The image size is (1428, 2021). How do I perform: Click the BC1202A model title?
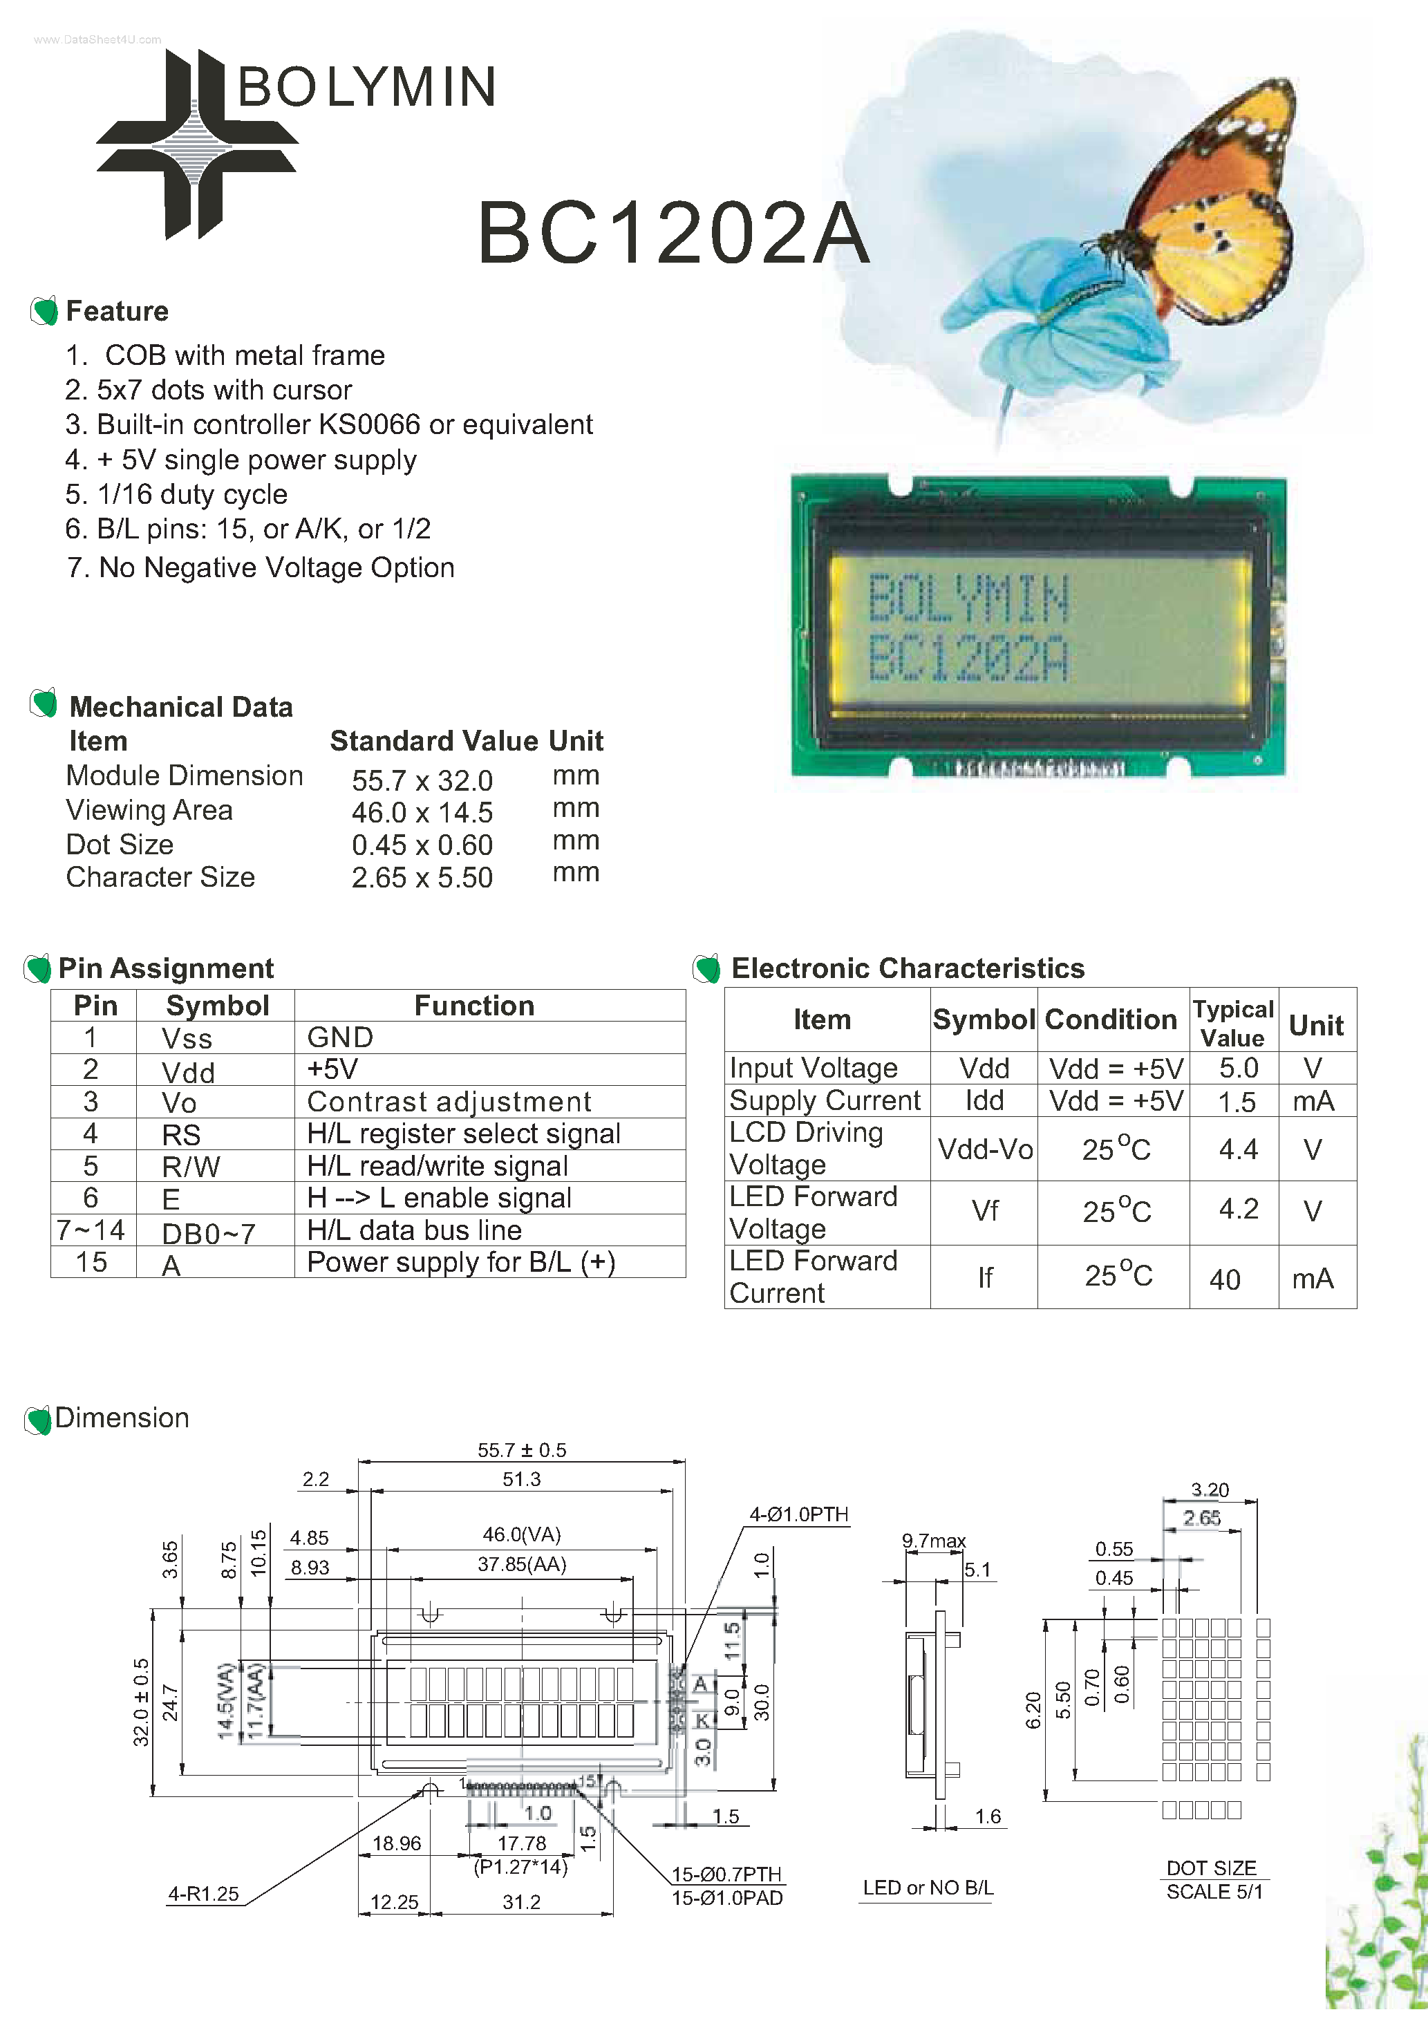[673, 232]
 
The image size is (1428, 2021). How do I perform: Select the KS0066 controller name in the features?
[369, 424]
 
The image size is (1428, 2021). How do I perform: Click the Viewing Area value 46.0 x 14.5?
[422, 812]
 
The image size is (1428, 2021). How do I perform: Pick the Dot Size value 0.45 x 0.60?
[422, 845]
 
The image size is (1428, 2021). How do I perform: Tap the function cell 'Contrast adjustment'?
[449, 1102]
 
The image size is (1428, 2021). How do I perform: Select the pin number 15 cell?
[91, 1262]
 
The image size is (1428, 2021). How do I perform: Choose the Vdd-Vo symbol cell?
[984, 1149]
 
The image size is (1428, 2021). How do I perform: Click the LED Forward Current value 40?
[1225, 1279]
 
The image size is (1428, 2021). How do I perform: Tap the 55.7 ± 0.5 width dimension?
[521, 1449]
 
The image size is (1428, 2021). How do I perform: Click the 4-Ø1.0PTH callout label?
[798, 1514]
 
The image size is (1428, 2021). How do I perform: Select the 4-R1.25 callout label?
[203, 1893]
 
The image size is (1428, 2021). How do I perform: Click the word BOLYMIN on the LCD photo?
[968, 599]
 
